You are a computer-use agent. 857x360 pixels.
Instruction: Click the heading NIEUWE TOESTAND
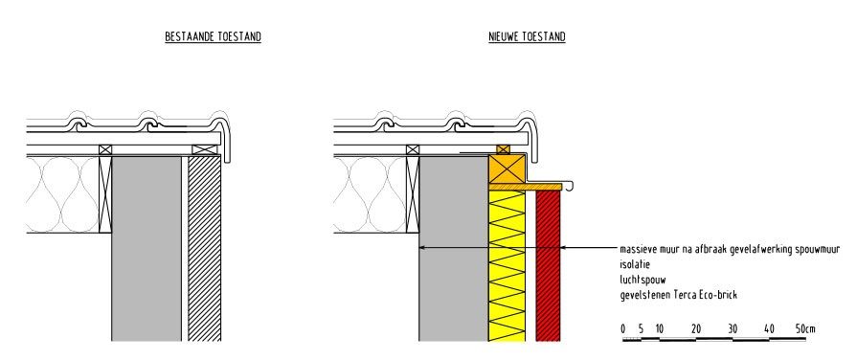pyautogui.click(x=526, y=37)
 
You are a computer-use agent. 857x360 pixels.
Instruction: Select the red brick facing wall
pyautogui.click(x=547, y=268)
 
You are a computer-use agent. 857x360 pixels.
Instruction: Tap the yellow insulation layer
pyautogui.click(x=507, y=268)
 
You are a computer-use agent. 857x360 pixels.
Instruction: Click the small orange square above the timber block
pyautogui.click(x=504, y=148)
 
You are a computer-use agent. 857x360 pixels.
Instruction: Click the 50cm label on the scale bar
pyautogui.click(x=805, y=329)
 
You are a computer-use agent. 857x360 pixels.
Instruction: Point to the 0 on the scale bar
pyautogui.click(x=622, y=329)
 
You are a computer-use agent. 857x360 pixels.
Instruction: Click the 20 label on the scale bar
pyautogui.click(x=695, y=329)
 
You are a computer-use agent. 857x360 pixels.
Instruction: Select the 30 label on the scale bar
pyautogui.click(x=733, y=329)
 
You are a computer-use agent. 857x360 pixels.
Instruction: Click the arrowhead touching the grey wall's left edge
pyautogui.click(x=424, y=248)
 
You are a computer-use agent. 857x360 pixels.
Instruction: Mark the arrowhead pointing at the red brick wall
pyautogui.click(x=564, y=248)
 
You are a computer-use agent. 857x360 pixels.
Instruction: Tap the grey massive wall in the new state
pyautogui.click(x=453, y=287)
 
